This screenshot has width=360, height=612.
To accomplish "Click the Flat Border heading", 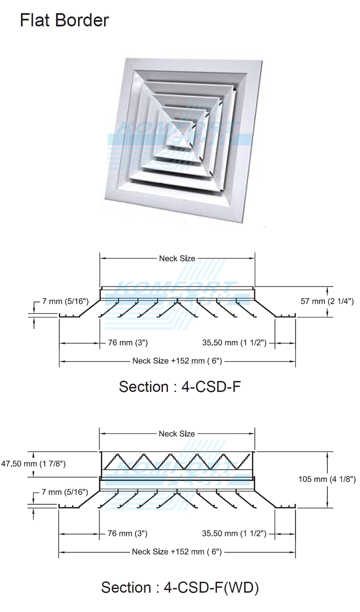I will click(64, 20).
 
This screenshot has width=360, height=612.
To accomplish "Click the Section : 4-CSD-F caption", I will click(180, 387).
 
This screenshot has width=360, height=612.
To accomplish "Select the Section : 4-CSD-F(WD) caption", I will click(180, 587).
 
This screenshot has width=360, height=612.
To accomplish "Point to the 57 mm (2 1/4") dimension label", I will click(327, 301).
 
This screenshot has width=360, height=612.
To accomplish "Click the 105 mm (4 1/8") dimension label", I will click(327, 479).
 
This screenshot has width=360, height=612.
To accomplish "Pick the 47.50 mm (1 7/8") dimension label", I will click(33, 464).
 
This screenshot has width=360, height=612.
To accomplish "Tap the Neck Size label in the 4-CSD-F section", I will click(177, 258).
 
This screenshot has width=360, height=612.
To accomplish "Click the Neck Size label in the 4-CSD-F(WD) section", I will click(177, 434).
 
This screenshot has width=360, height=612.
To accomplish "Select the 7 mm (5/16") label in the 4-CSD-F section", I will click(65, 301).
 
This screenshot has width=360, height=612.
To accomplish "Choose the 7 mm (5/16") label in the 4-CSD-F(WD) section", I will click(65, 492).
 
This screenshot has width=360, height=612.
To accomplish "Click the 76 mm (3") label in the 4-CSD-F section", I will click(128, 343).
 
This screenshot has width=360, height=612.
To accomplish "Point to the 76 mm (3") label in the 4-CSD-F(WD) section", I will click(127, 534).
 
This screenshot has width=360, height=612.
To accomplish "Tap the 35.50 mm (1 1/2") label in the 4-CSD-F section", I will click(234, 343).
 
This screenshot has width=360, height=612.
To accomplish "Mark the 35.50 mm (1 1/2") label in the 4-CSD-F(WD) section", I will click(234, 534).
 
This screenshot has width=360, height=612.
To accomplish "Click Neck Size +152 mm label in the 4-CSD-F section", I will click(177, 361).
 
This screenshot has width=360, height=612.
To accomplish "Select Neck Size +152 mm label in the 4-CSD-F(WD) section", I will click(177, 552).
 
